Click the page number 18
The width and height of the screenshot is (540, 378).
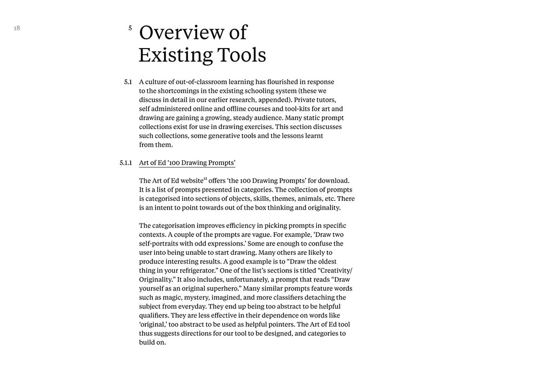[x=17, y=28]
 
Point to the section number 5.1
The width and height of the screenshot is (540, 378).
[x=128, y=82]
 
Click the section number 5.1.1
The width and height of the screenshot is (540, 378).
[x=126, y=163]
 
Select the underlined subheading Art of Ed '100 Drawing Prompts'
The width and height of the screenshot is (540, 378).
[x=187, y=163]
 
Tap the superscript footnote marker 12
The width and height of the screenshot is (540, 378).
[x=205, y=178]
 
